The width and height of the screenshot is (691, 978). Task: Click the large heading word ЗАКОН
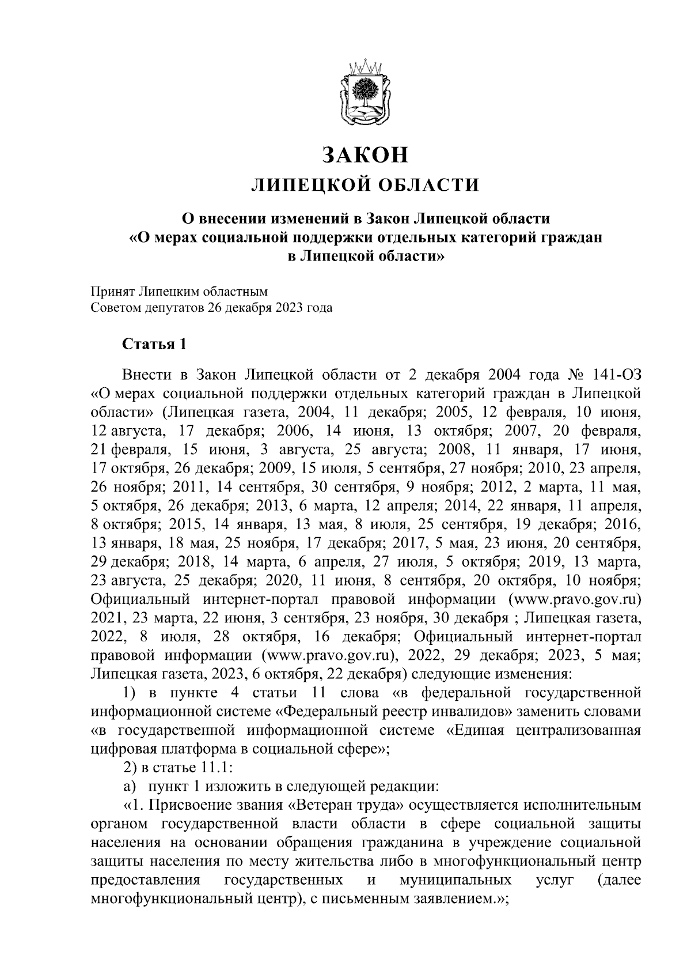tap(365, 154)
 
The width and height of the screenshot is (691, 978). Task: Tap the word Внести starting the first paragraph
tap(147, 376)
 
